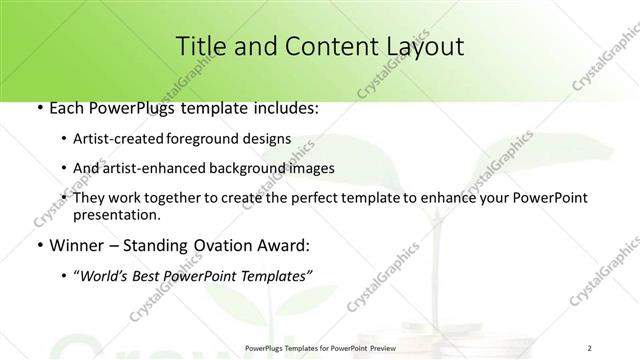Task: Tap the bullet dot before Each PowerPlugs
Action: click(38, 106)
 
